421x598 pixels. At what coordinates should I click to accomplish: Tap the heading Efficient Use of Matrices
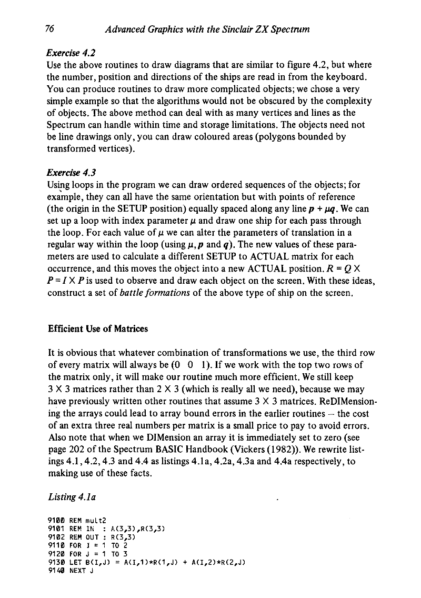coord(99,329)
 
